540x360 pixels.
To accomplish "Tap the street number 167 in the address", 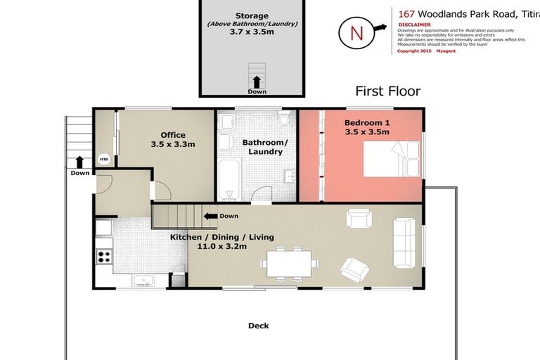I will pos(406,13).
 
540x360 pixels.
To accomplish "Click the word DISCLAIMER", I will pos(415,24).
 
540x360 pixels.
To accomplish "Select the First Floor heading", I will pos(387,91).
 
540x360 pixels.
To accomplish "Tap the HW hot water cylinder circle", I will pos(104,158).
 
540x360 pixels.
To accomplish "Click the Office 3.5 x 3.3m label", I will pos(172,139).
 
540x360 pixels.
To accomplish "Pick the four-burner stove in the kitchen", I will pos(104,257).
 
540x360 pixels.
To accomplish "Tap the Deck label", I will pos(258,326).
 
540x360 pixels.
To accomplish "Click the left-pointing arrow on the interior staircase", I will pos(209,216).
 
